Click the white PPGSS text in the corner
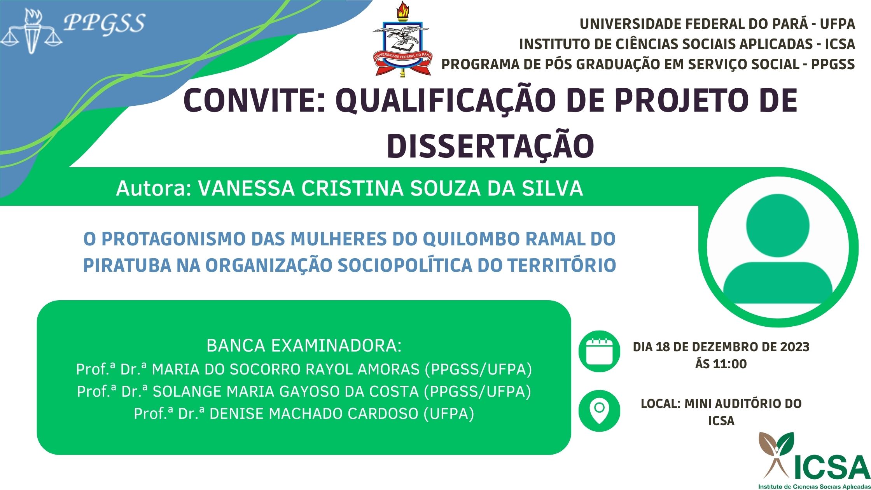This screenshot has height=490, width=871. coord(105,23)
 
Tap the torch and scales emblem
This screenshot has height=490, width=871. coord(31,31)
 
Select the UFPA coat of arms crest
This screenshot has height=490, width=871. coord(402,39)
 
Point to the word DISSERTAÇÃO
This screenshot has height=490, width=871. coord(490,146)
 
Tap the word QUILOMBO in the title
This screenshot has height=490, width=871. coord(471,239)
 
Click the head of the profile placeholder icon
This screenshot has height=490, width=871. coord(778,226)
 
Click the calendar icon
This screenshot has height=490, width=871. coord(599,352)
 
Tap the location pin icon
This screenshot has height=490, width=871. coord(599,411)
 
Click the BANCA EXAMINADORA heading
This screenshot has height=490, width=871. coord(304,346)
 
